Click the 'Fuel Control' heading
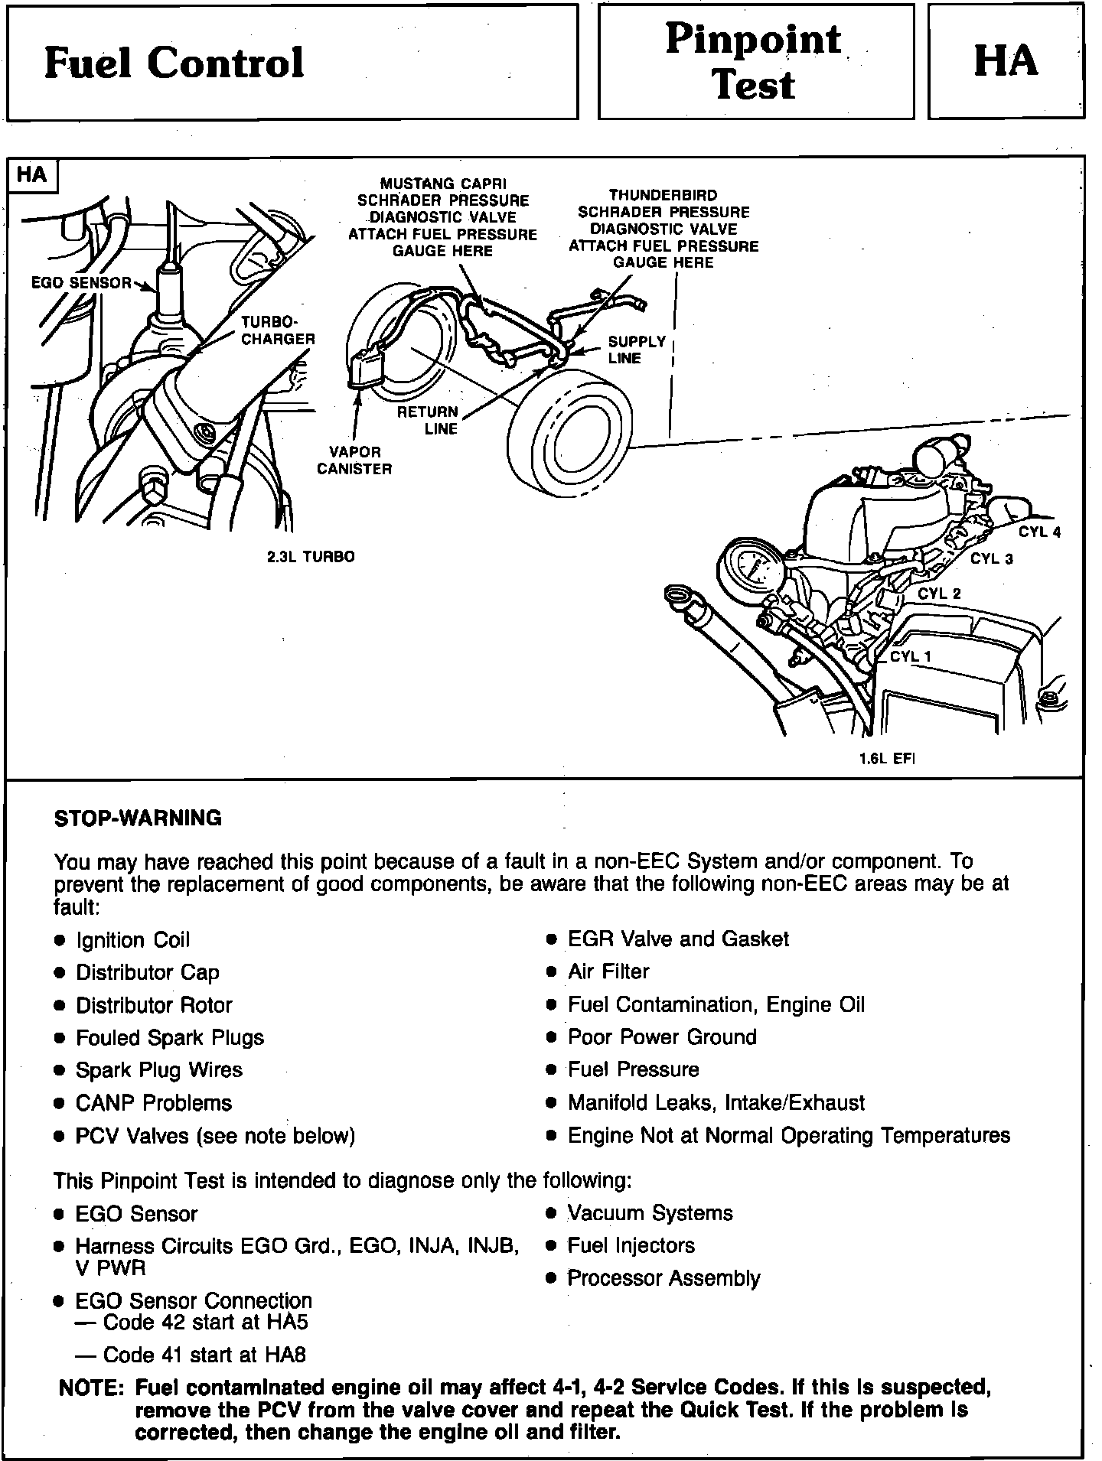[x=174, y=63]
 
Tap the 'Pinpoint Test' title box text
[x=753, y=61]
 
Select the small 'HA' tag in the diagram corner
[x=31, y=175]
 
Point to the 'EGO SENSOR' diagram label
[x=81, y=283]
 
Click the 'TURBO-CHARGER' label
[x=278, y=330]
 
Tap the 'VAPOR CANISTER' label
[x=354, y=460]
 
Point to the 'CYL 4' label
[x=1039, y=532]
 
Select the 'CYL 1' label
[x=911, y=656]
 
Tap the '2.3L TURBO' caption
[x=311, y=557]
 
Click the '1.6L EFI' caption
[x=887, y=759]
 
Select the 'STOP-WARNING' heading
[x=138, y=818]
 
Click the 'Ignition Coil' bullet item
[x=132, y=940]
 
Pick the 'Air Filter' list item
[x=608, y=971]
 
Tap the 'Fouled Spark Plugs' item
[x=169, y=1038]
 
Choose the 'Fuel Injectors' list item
[x=631, y=1245]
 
